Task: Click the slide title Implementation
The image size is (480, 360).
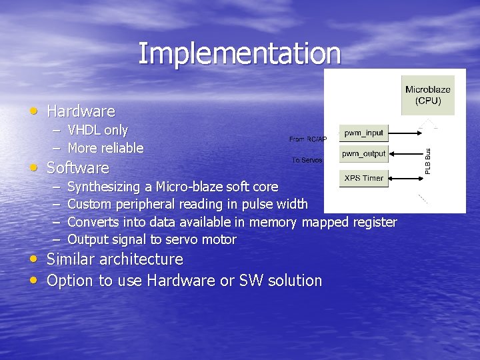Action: pos(239,53)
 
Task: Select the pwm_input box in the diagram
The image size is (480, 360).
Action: pos(363,133)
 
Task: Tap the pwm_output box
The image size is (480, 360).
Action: pos(363,154)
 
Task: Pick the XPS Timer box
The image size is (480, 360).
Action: pos(363,178)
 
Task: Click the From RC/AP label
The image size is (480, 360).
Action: pos(307,139)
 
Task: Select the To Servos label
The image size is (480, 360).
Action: pos(307,161)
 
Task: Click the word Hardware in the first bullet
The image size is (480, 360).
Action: pos(81,111)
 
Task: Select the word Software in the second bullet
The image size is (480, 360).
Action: pos(77,167)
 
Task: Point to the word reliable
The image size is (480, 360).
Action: pos(122,148)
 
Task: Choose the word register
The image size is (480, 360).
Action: pos(375,222)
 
